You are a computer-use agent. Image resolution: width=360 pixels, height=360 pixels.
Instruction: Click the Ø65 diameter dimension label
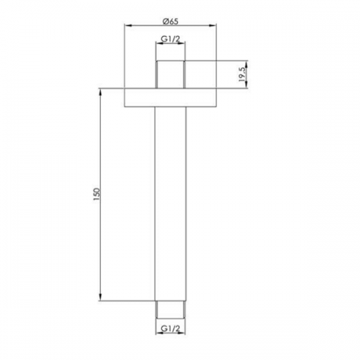pyautogui.click(x=171, y=22)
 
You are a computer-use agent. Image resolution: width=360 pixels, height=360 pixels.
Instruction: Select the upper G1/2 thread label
pyautogui.click(x=170, y=39)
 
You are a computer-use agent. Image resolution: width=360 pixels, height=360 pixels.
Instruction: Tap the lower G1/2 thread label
pyautogui.click(x=170, y=328)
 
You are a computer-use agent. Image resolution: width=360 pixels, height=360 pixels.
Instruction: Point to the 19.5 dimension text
pyautogui.click(x=243, y=74)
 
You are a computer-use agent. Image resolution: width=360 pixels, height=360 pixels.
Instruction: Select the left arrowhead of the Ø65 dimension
pyautogui.click(x=127, y=25)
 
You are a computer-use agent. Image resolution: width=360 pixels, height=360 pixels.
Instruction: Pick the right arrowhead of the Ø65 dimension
pyautogui.click(x=213, y=25)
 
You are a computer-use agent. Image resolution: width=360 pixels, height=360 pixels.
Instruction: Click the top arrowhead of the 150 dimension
pyautogui.click(x=101, y=92)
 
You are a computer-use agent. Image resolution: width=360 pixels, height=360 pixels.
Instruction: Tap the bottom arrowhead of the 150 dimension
pyautogui.click(x=101, y=297)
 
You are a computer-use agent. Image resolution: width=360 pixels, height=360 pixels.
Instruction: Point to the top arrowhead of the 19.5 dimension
pyautogui.click(x=247, y=64)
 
